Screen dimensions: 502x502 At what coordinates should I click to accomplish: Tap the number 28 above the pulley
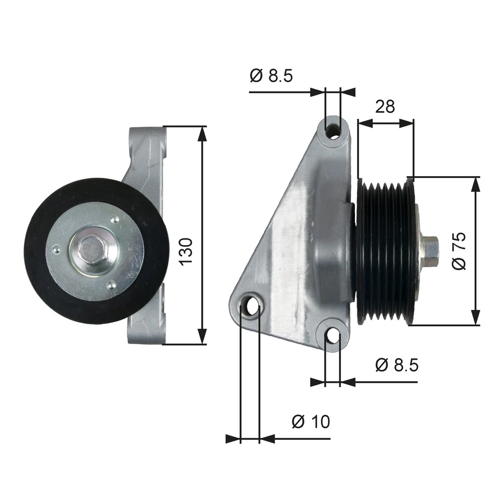click(385, 106)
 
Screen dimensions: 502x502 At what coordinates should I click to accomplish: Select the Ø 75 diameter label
click(459, 250)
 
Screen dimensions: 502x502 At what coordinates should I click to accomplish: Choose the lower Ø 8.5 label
click(397, 365)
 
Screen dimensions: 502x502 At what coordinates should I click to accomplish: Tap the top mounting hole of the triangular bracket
click(333, 129)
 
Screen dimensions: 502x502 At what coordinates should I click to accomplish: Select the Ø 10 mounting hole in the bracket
click(250, 305)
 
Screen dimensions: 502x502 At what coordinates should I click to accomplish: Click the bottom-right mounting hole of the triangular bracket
click(333, 336)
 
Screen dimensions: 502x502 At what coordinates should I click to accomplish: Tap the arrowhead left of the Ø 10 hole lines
click(233, 438)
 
